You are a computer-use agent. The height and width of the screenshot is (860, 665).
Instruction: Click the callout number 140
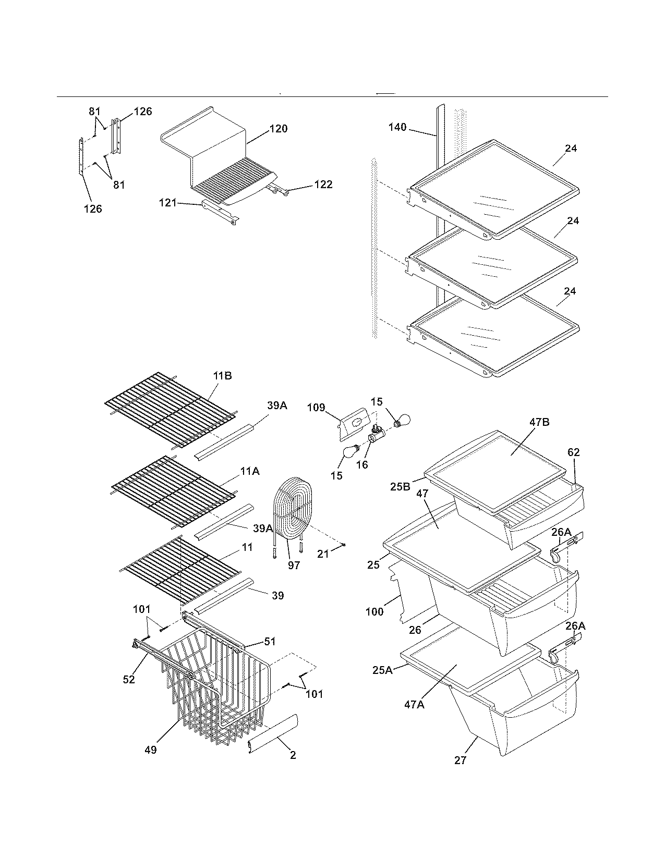click(397, 127)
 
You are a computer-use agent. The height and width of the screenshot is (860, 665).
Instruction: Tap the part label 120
click(278, 129)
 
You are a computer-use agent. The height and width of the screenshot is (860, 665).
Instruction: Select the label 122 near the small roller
click(323, 185)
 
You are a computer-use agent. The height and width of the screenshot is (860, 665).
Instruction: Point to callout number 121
click(168, 203)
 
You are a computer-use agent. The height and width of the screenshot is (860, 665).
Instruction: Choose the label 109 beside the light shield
click(316, 408)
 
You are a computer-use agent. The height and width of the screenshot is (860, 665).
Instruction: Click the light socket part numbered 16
click(376, 435)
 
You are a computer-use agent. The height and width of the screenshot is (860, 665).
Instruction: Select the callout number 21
click(323, 554)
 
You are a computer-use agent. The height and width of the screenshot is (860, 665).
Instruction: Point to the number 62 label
click(573, 452)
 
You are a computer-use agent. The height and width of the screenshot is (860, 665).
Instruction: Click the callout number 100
click(374, 611)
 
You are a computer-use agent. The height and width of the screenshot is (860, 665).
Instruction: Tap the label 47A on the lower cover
click(414, 705)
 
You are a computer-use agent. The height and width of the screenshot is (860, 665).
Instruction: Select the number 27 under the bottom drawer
click(460, 760)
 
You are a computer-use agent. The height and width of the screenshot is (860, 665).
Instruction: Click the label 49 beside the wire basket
click(150, 750)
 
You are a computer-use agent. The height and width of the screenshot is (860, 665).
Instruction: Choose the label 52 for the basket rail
click(128, 679)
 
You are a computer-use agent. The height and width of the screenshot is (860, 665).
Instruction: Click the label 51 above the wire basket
click(270, 642)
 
